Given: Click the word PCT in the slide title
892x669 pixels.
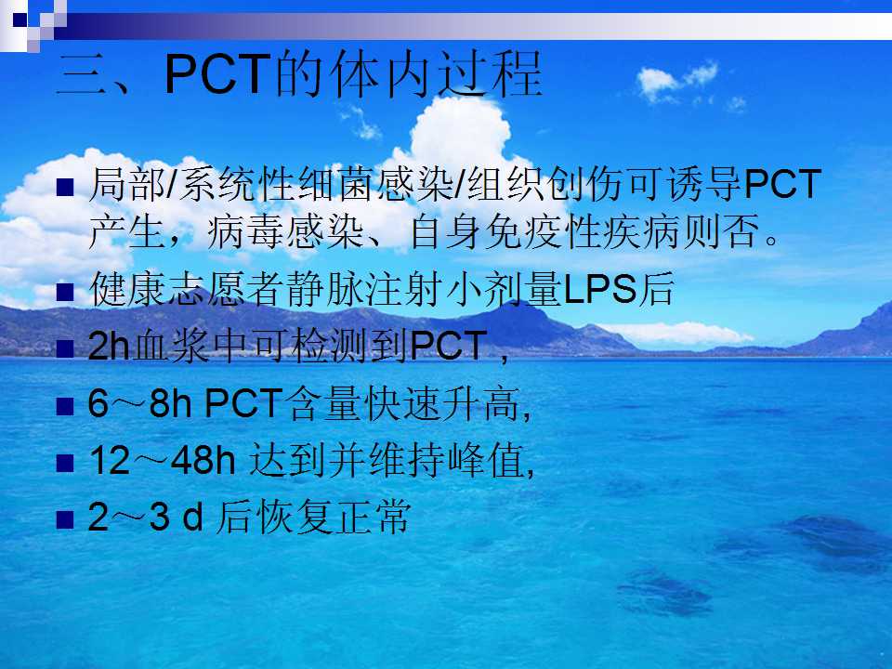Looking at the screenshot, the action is (217, 74).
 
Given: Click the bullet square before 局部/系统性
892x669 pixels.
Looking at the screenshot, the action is (65, 187).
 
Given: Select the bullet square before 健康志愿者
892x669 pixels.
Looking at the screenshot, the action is (65, 292).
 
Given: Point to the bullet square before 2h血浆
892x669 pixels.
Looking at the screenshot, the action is (65, 348).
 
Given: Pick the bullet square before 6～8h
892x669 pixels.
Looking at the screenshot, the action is (65, 406).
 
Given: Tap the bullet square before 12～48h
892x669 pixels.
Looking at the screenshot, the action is (65, 463).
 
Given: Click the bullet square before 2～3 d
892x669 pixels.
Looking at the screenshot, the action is (65, 519).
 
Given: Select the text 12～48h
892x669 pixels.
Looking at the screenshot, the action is (162, 460).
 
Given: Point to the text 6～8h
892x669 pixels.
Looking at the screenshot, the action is (140, 403).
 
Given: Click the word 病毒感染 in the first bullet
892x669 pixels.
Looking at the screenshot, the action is (285, 231).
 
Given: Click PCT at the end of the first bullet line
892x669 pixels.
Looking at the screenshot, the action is (782, 184).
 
